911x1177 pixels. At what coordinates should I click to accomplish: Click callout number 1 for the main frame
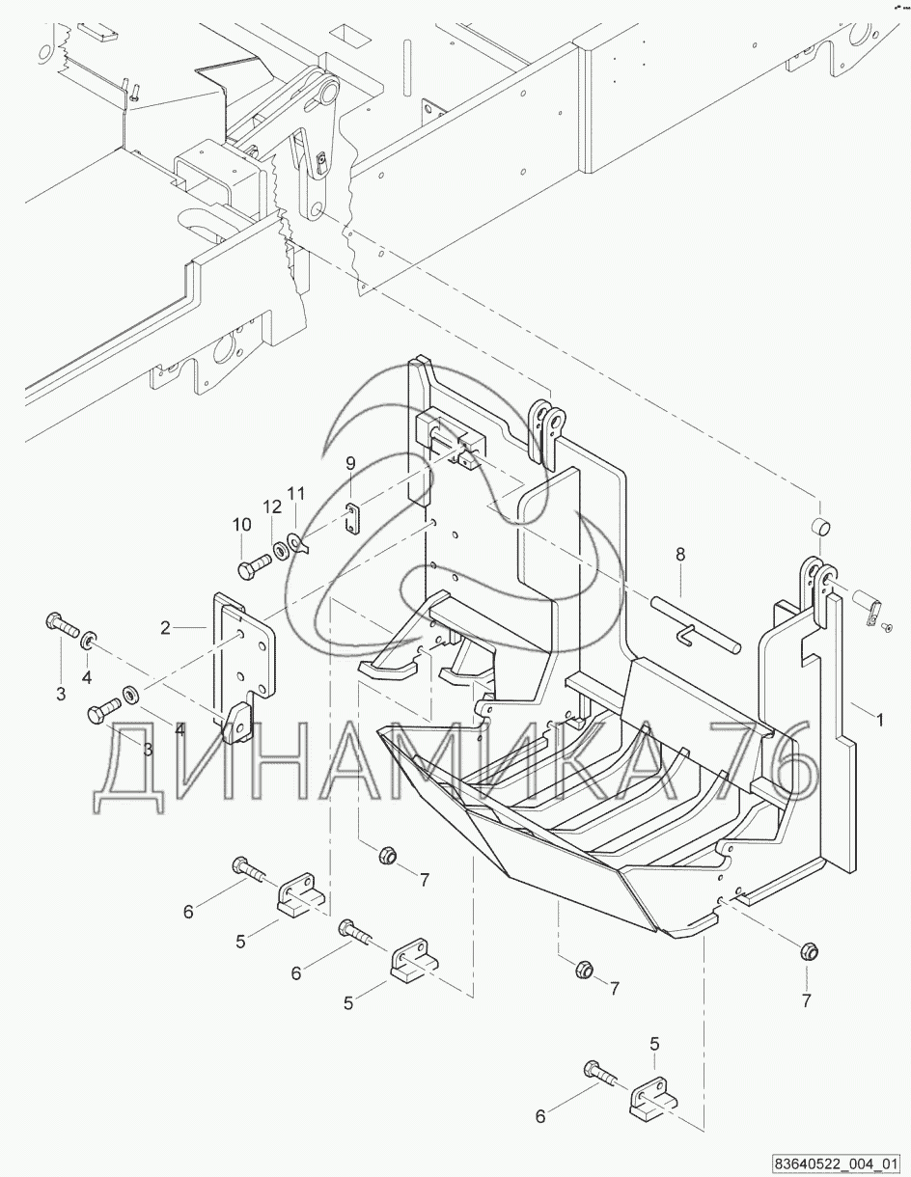point(879,719)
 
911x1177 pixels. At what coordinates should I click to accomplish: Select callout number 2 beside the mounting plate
point(165,628)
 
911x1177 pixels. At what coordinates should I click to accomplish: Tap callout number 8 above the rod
point(680,555)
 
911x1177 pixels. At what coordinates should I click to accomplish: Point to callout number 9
point(351,464)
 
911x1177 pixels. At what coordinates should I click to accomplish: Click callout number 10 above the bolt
point(241,524)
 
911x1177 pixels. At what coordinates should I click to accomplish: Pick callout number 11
point(295,493)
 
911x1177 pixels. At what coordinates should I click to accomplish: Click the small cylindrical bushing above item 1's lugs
point(818,529)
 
